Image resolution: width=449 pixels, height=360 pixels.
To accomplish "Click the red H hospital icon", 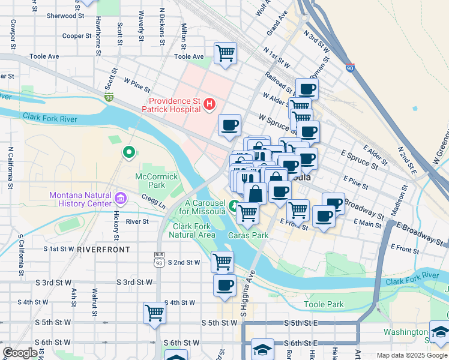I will click(209, 105).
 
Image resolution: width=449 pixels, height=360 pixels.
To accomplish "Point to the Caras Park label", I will click(249, 235).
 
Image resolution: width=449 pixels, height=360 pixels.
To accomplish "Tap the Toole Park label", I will click(324, 305).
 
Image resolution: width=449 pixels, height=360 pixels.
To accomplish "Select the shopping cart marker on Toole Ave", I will click(225, 53).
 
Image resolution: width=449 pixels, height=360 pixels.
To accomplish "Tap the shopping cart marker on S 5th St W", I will click(155, 313).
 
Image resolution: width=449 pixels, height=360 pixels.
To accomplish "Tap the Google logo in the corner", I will click(20, 353).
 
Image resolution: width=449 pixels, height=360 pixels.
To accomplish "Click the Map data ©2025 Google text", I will click(412, 355).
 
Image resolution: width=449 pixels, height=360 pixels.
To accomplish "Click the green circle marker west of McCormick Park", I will click(128, 152).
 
